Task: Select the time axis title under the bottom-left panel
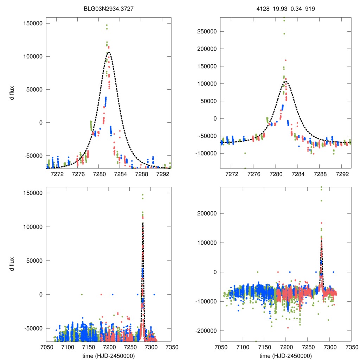[108, 355]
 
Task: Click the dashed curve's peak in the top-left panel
[109, 52]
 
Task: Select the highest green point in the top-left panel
[107, 25]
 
